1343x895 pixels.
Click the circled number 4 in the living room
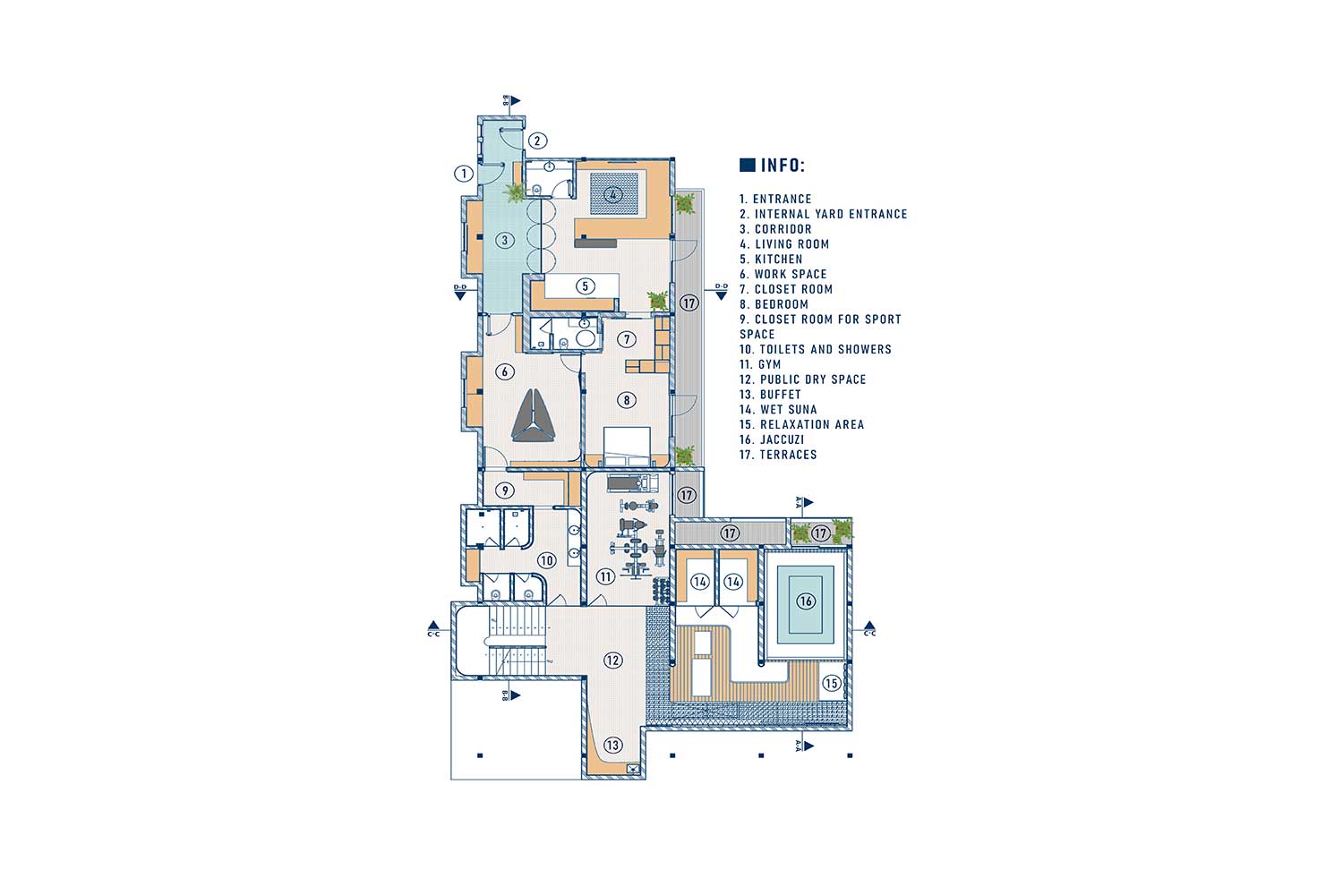[612, 194]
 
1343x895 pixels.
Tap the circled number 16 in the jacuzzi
[805, 601]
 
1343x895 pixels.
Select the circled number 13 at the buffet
[612, 746]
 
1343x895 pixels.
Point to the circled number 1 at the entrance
[464, 174]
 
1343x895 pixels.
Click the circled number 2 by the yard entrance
[537, 141]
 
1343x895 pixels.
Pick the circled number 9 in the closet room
[505, 490]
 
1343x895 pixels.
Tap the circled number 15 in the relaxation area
[831, 683]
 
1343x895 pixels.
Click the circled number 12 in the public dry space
[612, 660]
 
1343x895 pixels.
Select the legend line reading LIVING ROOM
[784, 244]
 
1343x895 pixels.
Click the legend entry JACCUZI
[772, 439]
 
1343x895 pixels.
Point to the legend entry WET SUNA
[778, 409]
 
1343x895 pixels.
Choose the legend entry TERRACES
[778, 455]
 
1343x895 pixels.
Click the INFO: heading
[783, 165]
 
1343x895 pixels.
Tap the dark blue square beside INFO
[747, 165]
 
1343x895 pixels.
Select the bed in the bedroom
[627, 446]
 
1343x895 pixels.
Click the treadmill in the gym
[632, 482]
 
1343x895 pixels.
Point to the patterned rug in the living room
[614, 193]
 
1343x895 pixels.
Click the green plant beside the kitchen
[658, 301]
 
